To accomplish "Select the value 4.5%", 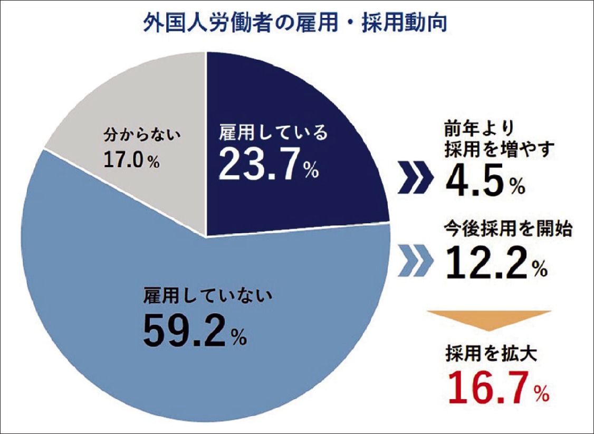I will click(485, 182).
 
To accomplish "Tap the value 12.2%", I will click(495, 263).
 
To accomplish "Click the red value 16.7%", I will click(496, 389).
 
